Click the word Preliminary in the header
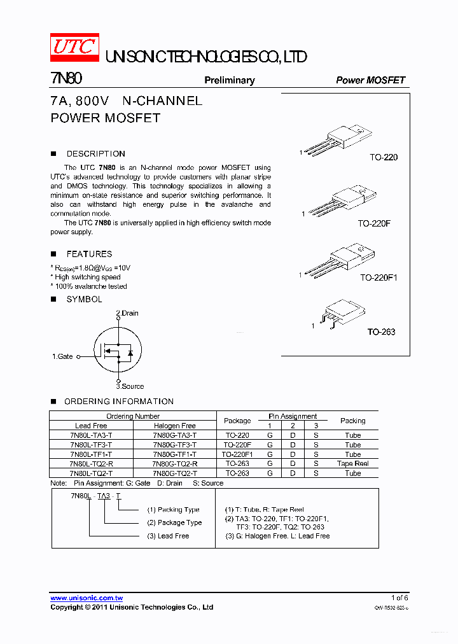click(229, 80)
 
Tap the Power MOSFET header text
click(370, 80)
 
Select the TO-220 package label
click(384, 157)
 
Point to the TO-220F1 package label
click(378, 277)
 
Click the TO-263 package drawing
click(342, 313)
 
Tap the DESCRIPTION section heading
click(95, 153)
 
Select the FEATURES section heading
click(89, 254)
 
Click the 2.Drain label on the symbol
click(127, 313)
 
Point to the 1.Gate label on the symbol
click(62, 357)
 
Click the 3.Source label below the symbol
click(130, 386)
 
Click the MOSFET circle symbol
click(118, 350)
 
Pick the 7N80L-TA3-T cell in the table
click(91, 435)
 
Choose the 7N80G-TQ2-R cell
click(175, 464)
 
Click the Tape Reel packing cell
click(352, 464)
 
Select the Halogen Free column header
click(175, 426)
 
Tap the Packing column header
click(352, 421)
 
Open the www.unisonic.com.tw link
click(87, 598)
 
